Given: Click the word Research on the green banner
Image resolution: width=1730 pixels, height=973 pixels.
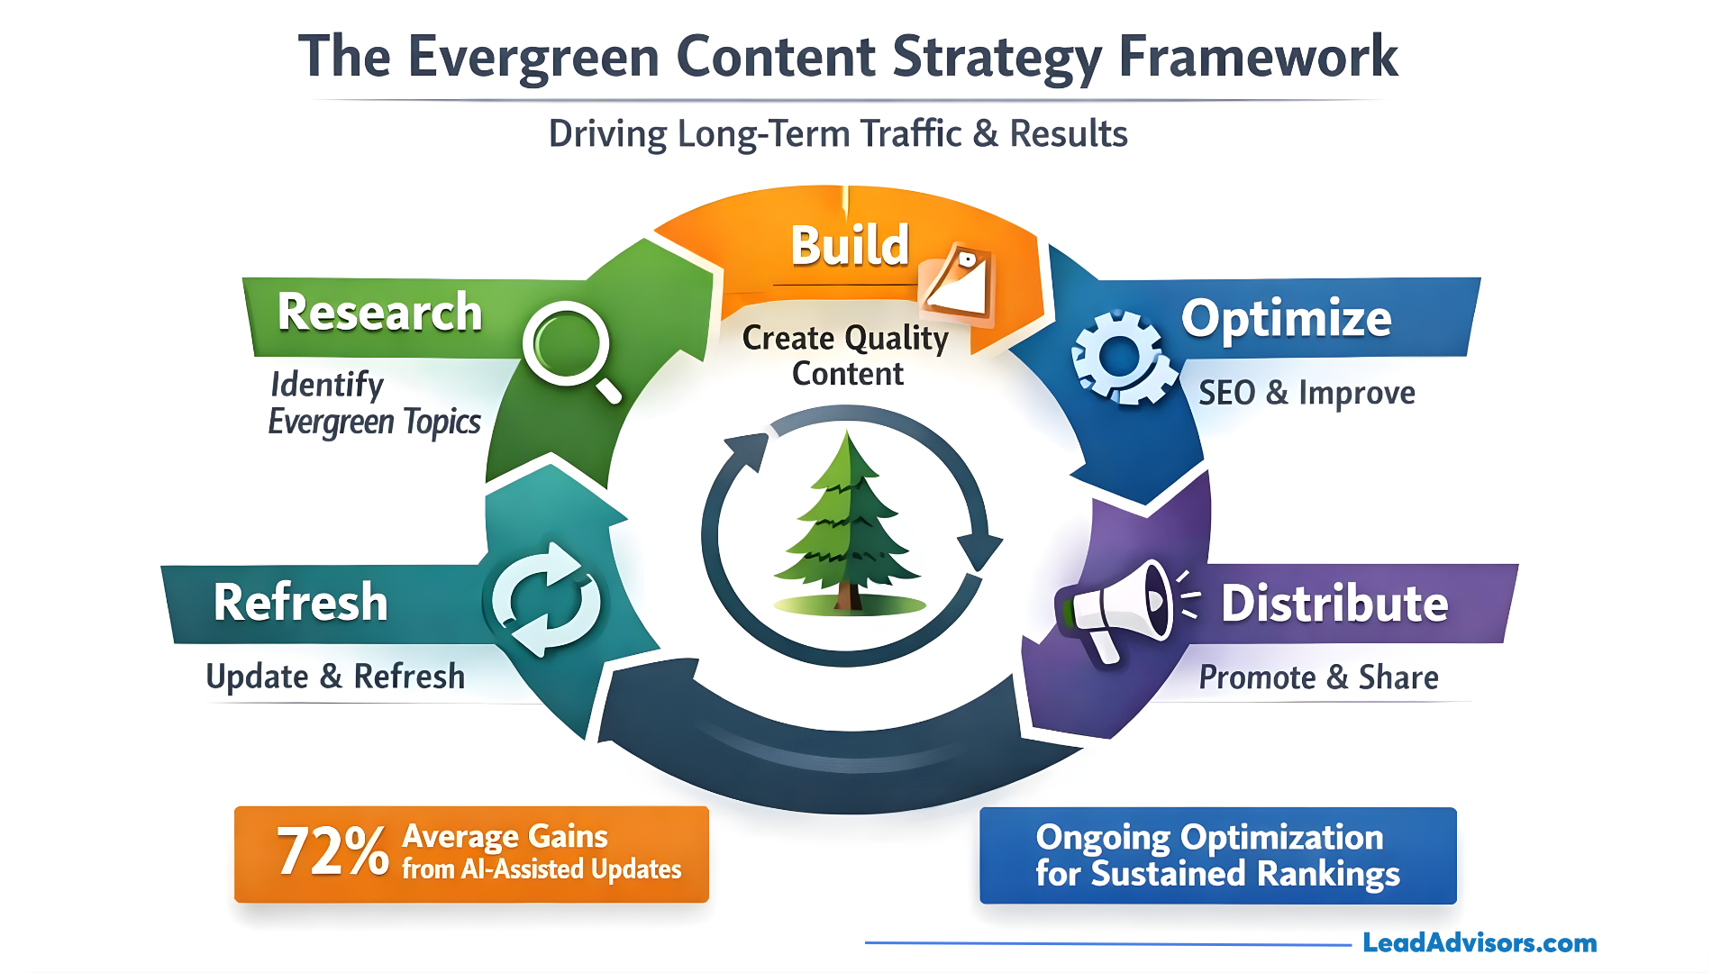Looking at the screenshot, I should click(x=379, y=313).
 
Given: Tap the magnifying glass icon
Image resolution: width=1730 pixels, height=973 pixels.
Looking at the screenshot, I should click(x=569, y=348).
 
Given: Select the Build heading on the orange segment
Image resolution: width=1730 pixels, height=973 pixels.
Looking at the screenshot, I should click(x=849, y=245).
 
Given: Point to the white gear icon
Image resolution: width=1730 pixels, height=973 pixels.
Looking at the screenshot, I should click(x=1121, y=357).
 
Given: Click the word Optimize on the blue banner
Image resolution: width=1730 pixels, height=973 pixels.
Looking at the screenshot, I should click(x=1286, y=318).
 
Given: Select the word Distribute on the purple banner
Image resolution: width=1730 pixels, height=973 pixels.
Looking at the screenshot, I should click(x=1334, y=603).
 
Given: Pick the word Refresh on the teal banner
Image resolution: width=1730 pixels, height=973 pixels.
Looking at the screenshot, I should click(x=300, y=602).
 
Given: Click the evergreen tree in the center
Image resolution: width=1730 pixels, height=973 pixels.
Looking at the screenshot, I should click(x=848, y=523).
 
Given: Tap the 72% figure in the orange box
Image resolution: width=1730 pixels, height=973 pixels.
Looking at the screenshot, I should click(x=332, y=851).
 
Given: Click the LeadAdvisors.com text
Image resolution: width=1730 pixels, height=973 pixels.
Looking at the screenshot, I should click(x=1479, y=942).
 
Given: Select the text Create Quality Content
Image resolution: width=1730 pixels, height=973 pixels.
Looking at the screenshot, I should click(x=845, y=355).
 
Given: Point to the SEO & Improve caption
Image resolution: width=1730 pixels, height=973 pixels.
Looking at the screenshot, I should click(x=1306, y=393).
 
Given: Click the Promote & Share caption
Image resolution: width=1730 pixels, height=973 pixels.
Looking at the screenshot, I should click(x=1317, y=677).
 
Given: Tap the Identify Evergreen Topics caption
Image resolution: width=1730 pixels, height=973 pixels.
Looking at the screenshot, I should click(x=373, y=403).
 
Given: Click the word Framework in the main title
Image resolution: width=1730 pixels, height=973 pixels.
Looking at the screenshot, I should click(x=1257, y=56).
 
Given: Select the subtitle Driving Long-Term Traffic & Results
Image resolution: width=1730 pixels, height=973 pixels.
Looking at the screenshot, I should click(x=838, y=133).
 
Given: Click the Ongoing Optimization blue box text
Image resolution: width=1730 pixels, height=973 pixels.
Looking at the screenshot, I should click(x=1216, y=855).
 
